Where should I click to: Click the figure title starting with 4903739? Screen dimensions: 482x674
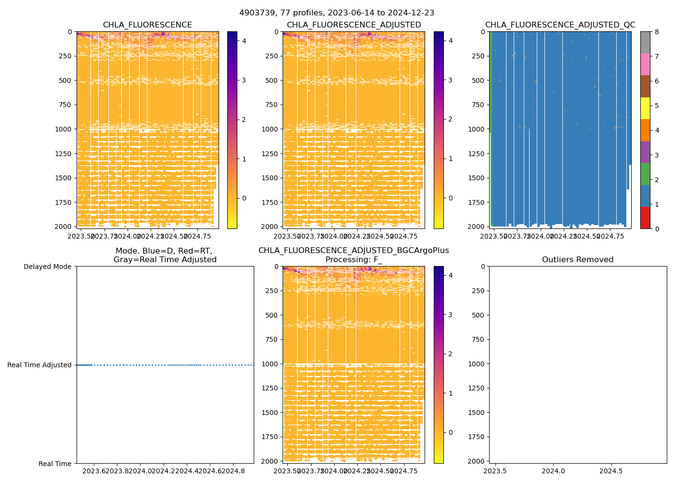click(x=337, y=13)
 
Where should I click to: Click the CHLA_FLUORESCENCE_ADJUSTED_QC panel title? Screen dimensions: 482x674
click(x=560, y=25)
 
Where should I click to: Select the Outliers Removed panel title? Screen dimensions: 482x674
click(x=578, y=260)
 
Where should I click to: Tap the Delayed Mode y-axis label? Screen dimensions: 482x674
click(x=47, y=267)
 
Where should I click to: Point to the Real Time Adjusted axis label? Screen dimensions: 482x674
click(x=39, y=365)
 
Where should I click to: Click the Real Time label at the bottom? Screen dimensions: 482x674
click(x=55, y=464)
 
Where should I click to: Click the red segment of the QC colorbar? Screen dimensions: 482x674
click(x=645, y=217)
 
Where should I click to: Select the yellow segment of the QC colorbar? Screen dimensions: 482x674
click(x=645, y=108)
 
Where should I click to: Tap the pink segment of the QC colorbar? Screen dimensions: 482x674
click(x=645, y=64)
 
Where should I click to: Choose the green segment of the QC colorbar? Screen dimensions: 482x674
click(x=645, y=174)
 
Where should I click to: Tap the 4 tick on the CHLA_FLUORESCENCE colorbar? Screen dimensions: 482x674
click(x=244, y=41)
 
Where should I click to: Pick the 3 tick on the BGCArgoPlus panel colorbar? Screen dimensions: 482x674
click(x=450, y=315)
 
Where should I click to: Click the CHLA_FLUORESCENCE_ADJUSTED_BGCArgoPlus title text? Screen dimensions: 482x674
click(x=353, y=251)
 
